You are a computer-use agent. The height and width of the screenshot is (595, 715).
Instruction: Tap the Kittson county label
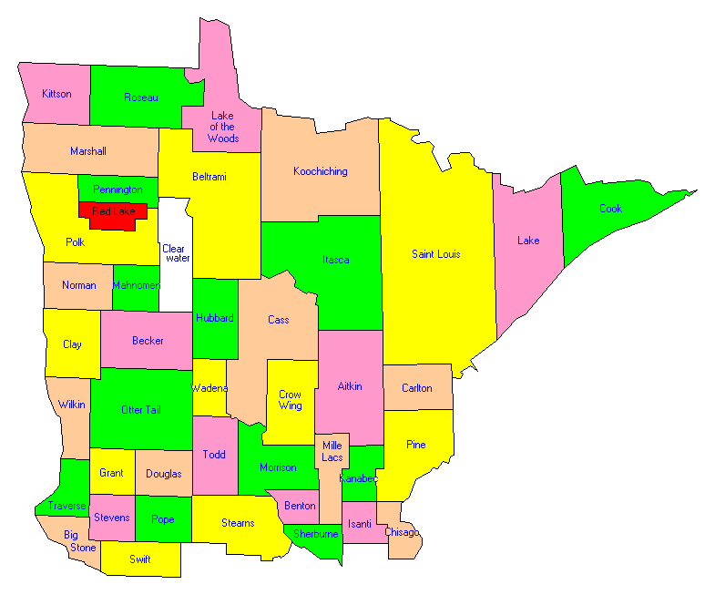(x=56, y=94)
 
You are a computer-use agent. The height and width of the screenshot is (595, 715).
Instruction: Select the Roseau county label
(x=141, y=97)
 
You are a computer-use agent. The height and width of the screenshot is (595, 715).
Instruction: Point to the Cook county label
(x=610, y=209)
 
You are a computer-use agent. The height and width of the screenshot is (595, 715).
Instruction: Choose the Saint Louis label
(x=436, y=254)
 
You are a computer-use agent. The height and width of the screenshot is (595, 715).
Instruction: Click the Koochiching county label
(x=321, y=171)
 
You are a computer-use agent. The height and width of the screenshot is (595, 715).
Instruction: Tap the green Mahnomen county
(x=136, y=285)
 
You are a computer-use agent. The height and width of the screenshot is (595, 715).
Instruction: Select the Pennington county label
(x=117, y=190)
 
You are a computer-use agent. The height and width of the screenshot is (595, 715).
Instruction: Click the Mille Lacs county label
(x=332, y=451)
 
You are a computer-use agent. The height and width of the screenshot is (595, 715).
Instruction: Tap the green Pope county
(x=163, y=519)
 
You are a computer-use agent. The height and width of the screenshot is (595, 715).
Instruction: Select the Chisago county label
(x=402, y=532)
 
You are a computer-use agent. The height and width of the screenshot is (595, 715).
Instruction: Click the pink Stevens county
(x=111, y=518)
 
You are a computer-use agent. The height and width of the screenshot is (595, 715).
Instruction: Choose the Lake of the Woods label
(x=222, y=128)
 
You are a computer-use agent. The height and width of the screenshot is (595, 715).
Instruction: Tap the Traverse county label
(x=67, y=506)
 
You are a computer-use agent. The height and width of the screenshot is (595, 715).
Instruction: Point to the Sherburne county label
(x=316, y=534)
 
